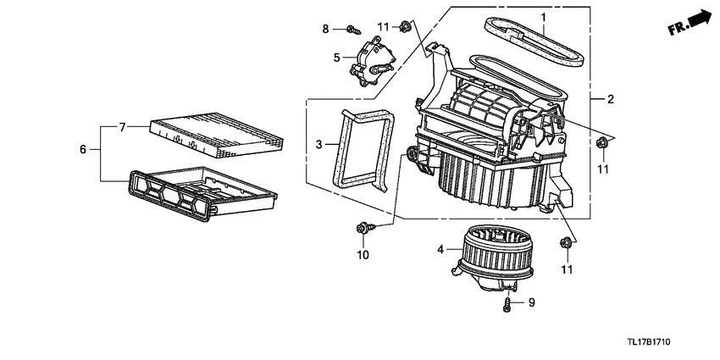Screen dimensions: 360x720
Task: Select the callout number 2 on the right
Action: (611, 100)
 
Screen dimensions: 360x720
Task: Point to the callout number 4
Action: (440, 249)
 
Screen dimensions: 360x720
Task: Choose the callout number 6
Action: (83, 149)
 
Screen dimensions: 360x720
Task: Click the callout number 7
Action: (122, 128)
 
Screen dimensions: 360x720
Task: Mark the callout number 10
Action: (363, 254)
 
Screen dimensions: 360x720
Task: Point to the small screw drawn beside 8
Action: (352, 31)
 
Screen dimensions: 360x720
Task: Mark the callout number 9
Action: (532, 302)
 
